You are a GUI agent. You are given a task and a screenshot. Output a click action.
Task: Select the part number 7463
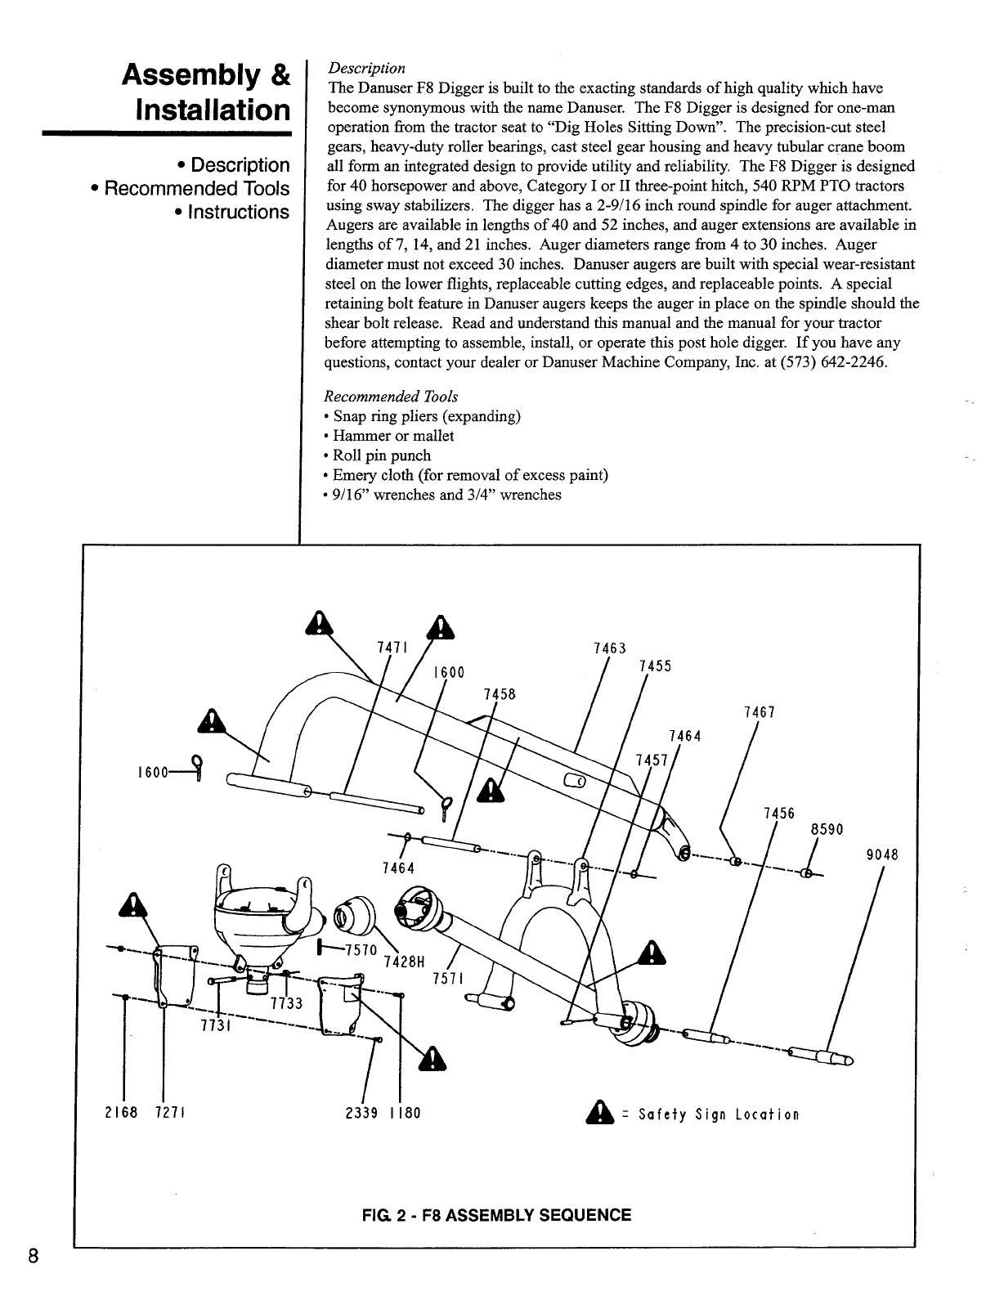tap(609, 648)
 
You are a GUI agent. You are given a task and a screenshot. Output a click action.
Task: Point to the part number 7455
tap(655, 666)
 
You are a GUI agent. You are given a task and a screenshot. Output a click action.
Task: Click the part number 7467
tap(760, 712)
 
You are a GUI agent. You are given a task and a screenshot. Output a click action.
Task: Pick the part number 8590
tap(826, 829)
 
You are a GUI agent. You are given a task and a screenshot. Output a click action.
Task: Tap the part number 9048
tap(882, 855)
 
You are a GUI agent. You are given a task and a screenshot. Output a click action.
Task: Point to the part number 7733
tap(285, 1004)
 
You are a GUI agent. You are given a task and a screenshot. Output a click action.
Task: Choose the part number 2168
tap(119, 1113)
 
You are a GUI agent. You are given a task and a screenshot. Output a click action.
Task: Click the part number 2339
tap(362, 1113)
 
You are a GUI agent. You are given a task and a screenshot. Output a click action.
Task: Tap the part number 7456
tap(778, 814)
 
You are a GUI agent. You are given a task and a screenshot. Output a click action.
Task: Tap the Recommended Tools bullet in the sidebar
tap(190, 189)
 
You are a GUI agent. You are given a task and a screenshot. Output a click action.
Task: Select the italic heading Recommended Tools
tap(391, 397)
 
